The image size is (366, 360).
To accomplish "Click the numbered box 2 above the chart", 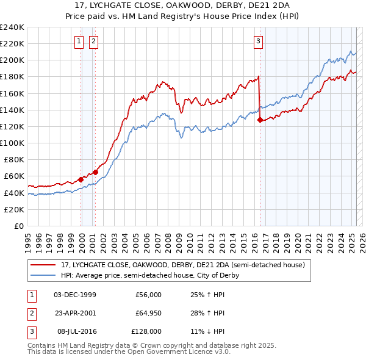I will pos(93,41).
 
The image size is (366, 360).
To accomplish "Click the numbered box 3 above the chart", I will pos(258,41).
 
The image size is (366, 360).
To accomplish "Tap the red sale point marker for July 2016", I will pos(260,120).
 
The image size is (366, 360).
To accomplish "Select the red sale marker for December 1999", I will pos(81,179).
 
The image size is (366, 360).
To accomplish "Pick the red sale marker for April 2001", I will pos(96,172).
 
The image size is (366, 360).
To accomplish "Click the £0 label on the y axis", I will pos(18,226).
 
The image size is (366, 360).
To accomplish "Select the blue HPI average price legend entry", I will pos(149,275).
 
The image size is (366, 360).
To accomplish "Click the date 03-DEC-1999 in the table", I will pos(75,295).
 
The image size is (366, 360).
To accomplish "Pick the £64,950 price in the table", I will pos(148,313).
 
